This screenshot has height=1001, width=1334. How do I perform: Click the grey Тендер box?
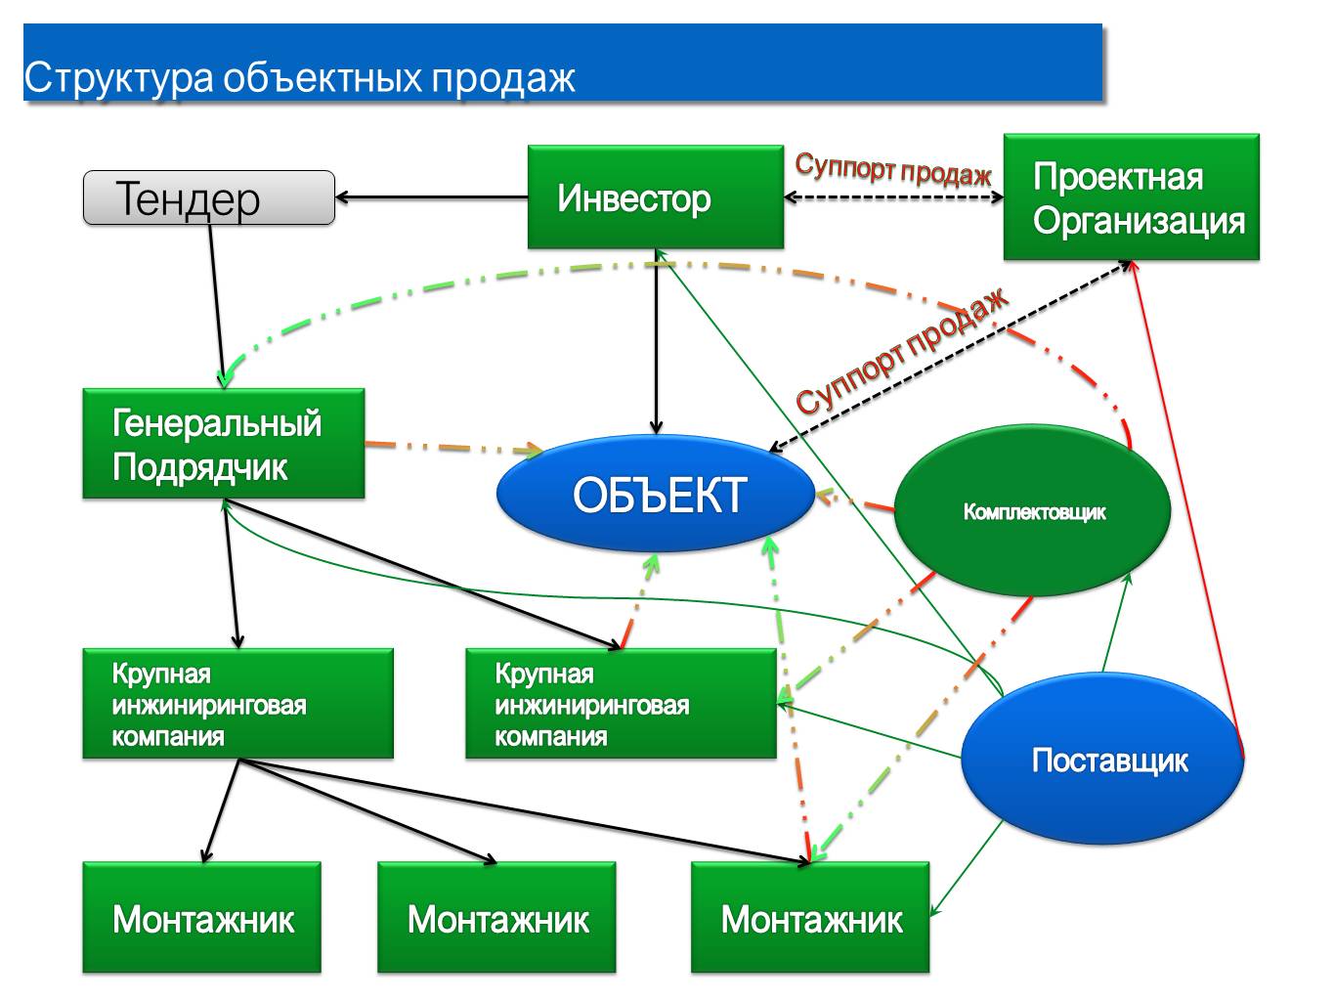point(209,197)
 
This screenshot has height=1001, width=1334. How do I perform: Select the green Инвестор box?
point(655,197)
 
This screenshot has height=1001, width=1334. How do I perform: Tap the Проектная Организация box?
point(1131,197)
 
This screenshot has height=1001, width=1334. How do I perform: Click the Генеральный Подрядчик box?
point(223,444)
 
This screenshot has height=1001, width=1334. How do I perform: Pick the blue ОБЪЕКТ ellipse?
point(656,494)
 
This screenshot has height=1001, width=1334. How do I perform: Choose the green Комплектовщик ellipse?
point(1032,510)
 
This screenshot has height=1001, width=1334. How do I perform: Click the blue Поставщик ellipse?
point(1102,760)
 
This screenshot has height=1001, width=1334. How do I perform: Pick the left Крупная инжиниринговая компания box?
point(237,704)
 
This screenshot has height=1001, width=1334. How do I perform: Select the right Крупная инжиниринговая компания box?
point(621,704)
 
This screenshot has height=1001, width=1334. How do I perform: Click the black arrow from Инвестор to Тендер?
point(430,197)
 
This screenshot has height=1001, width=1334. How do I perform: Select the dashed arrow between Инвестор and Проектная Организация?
point(893,197)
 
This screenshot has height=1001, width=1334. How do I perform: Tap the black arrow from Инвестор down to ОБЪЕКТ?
point(656,342)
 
